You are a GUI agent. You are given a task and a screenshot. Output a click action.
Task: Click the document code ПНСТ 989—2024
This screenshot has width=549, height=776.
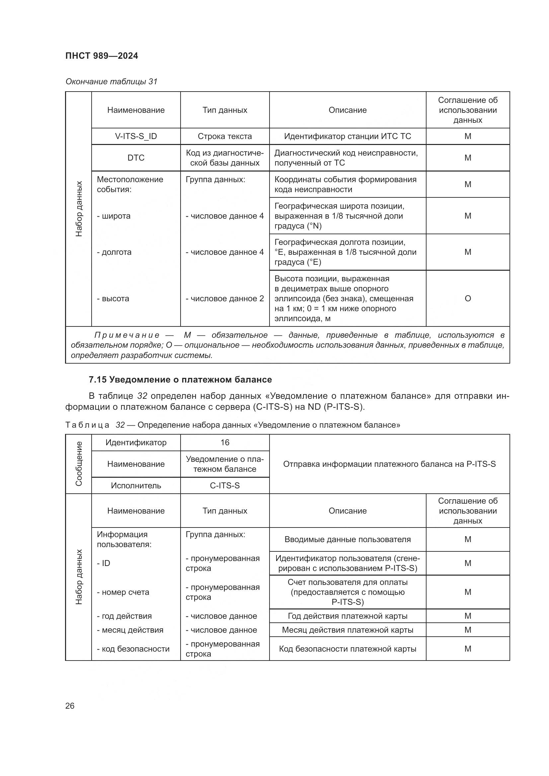[x=102, y=56]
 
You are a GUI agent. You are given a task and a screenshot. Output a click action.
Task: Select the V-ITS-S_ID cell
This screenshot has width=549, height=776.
[x=136, y=136]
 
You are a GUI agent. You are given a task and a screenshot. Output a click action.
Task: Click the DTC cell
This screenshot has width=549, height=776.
[x=136, y=158]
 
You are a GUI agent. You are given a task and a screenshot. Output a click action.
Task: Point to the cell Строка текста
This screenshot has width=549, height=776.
[x=225, y=136]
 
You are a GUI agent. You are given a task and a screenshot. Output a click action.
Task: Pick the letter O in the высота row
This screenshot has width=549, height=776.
[x=468, y=299]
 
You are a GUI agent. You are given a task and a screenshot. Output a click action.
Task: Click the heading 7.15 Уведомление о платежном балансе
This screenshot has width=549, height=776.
[x=180, y=380]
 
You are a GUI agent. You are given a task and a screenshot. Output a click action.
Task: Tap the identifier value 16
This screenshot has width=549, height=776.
[x=225, y=443]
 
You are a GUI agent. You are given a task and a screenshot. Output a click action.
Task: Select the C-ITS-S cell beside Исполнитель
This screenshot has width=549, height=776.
[x=225, y=485]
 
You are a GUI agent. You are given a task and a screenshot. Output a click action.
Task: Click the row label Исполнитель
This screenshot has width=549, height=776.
[x=136, y=485]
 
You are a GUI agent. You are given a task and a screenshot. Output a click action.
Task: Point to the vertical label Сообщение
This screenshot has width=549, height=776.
[x=78, y=464]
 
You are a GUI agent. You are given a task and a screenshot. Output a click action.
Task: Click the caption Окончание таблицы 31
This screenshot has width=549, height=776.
[x=111, y=82]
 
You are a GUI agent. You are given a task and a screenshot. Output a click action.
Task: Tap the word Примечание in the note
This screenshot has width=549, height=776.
[x=127, y=335]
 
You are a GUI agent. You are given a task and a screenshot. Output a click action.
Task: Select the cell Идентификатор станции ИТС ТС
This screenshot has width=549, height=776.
[x=348, y=136]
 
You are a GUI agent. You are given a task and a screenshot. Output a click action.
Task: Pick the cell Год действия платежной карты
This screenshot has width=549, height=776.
[x=348, y=616]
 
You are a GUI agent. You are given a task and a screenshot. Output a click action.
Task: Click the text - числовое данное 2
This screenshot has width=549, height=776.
[x=225, y=299]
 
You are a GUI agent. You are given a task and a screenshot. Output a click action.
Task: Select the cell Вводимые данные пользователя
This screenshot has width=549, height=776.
[x=348, y=539]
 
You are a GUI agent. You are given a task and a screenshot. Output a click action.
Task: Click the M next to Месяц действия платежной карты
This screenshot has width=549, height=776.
[x=468, y=630]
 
